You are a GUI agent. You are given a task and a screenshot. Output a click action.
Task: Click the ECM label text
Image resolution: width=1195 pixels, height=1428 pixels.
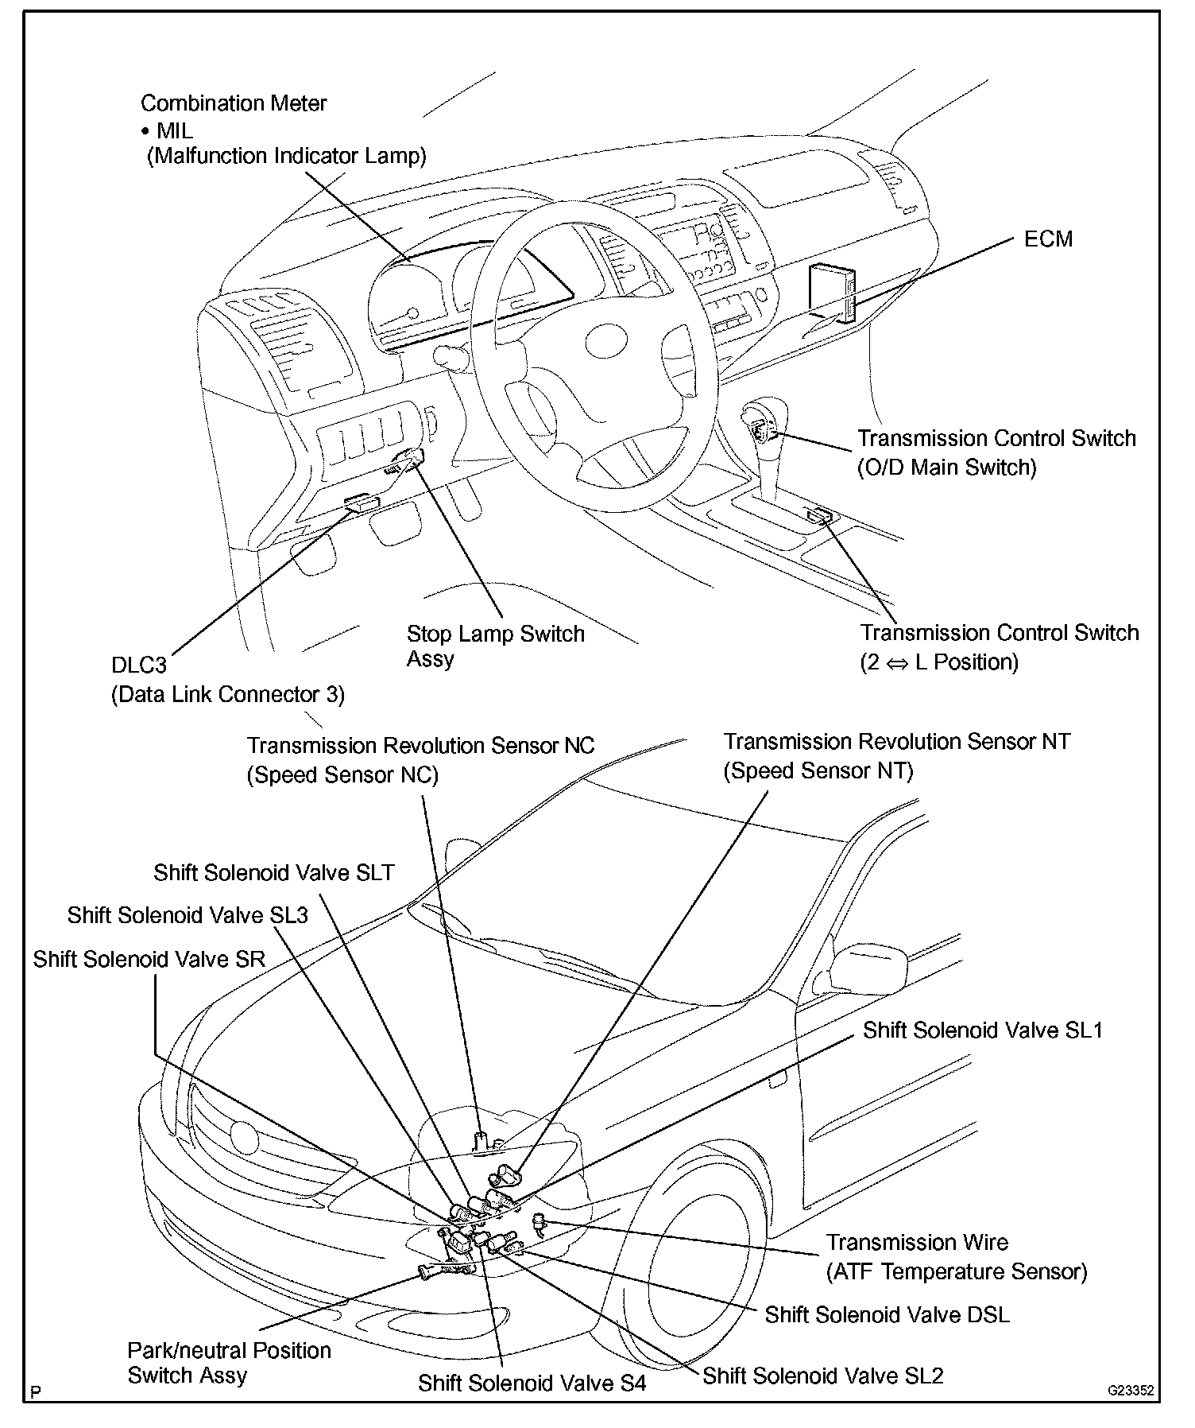[1047, 239]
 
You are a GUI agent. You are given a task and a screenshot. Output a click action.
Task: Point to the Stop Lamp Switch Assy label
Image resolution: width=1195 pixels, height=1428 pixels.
[495, 646]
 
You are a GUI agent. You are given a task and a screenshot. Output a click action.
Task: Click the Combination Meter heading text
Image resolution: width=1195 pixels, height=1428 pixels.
[234, 103]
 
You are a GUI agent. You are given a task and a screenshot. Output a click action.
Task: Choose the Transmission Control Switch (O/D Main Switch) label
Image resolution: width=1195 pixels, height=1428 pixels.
[996, 452]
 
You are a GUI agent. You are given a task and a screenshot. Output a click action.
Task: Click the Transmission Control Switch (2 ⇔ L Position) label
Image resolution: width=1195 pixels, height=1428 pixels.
[999, 647]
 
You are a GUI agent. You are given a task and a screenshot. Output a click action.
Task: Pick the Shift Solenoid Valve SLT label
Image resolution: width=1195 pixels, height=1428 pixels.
[273, 873]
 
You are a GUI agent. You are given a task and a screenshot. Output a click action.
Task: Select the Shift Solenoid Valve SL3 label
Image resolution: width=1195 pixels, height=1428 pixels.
[187, 915]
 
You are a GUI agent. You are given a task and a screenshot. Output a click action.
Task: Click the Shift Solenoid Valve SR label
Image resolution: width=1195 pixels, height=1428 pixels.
[149, 959]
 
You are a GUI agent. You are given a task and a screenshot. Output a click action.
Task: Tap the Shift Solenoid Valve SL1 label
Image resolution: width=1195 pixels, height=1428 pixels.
[983, 1030]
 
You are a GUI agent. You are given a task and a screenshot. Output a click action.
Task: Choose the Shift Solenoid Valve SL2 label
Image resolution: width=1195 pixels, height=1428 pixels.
[822, 1376]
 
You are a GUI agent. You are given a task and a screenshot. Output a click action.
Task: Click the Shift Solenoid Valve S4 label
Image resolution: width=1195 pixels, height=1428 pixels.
[532, 1383]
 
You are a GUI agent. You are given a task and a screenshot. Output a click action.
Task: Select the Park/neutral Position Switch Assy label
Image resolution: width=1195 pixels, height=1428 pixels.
[229, 1363]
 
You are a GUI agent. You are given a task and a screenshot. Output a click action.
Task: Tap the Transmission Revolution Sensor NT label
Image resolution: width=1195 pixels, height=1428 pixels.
[896, 756]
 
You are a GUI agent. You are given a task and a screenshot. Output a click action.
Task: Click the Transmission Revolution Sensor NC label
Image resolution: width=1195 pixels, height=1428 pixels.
[420, 760]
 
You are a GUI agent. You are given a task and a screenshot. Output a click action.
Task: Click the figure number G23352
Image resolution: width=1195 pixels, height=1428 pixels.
[1131, 1391]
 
